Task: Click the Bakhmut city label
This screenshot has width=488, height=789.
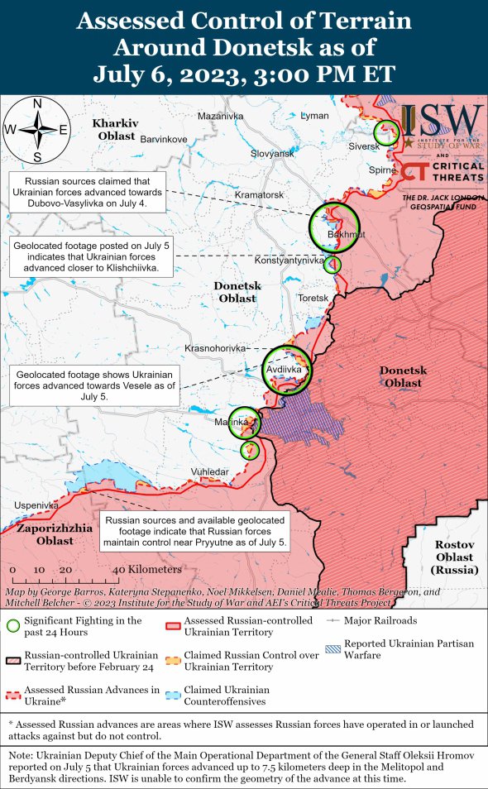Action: [345, 236]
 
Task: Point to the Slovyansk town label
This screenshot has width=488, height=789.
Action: [272, 154]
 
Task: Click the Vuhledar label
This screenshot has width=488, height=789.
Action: [209, 471]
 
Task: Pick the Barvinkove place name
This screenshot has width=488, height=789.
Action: [165, 139]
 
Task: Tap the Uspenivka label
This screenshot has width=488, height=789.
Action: [36, 505]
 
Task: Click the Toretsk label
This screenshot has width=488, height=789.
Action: [313, 297]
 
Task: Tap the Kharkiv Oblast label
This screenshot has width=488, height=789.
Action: [116, 129]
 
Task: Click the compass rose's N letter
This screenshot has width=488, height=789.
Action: [37, 103]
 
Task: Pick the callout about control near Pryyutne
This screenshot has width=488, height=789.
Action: [194, 531]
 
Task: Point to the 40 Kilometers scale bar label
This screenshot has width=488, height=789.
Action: [146, 570]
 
